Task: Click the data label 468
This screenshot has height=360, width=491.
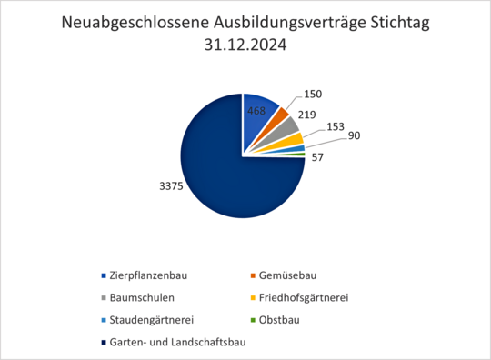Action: point(257,111)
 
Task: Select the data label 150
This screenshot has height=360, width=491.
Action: point(313,94)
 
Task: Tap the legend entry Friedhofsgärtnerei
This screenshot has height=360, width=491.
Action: point(304,297)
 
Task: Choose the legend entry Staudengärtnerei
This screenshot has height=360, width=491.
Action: point(151,319)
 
